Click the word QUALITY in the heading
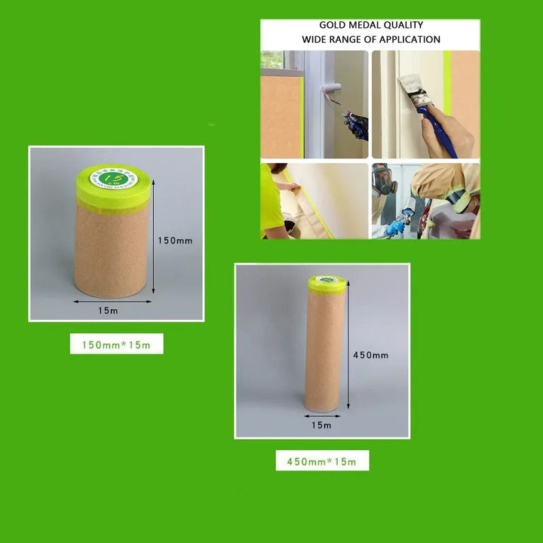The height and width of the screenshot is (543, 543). click(x=403, y=25)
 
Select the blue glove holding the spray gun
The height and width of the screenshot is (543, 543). click(x=395, y=227)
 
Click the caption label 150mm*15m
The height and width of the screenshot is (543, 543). click(x=117, y=345)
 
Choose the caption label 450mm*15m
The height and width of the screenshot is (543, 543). click(x=322, y=461)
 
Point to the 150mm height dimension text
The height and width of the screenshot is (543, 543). click(x=175, y=241)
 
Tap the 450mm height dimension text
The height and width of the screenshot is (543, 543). click(x=371, y=355)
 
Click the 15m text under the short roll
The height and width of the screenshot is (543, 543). click(x=108, y=309)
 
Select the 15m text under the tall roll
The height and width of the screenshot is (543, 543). click(x=322, y=425)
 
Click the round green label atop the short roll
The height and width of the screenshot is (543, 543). click(x=113, y=178)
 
